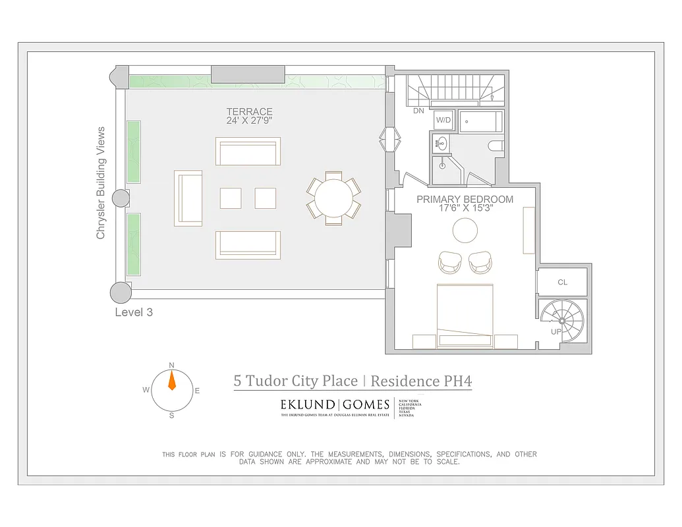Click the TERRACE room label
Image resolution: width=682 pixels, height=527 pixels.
pyautogui.click(x=249, y=112)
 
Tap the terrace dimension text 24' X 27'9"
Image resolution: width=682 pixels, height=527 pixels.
pyautogui.click(x=249, y=121)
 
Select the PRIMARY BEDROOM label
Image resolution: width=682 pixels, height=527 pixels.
pyautogui.click(x=465, y=199)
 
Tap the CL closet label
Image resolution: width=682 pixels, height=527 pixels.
pyautogui.click(x=562, y=282)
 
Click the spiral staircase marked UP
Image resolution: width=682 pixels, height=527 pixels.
pyautogui.click(x=561, y=320)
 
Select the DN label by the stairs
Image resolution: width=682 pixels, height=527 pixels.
pyautogui.click(x=418, y=111)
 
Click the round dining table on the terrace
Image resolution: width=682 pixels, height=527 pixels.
pyautogui.click(x=333, y=198)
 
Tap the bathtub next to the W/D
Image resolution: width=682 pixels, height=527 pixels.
pyautogui.click(x=480, y=121)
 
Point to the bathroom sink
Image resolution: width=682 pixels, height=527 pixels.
pyautogui.click(x=441, y=141)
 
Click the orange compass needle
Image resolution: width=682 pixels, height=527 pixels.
pyautogui.click(x=172, y=381)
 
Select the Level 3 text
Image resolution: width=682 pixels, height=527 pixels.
pyautogui.click(x=134, y=312)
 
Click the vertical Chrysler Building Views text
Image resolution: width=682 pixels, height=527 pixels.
pyautogui.click(x=101, y=183)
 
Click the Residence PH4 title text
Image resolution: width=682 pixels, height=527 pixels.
pyautogui.click(x=421, y=381)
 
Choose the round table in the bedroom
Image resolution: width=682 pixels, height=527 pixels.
pyautogui.click(x=465, y=230)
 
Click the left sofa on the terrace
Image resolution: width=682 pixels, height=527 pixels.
pyautogui.click(x=188, y=198)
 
